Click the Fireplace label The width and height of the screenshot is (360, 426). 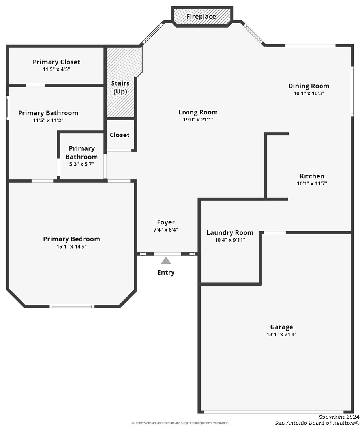[x=201, y=16]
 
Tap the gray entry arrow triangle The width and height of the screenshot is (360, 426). [x=166, y=261]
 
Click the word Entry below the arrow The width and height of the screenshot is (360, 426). [x=166, y=273]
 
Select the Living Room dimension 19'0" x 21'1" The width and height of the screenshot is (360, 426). [x=198, y=120]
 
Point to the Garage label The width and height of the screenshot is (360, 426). [x=281, y=327]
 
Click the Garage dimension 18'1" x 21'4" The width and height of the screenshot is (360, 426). [x=281, y=334]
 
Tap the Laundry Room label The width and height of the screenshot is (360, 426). [x=230, y=233]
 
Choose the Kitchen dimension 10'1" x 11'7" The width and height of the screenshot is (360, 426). [x=312, y=183]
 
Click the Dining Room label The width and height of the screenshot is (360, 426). [x=309, y=86]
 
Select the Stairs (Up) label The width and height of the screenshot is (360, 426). [x=120, y=87]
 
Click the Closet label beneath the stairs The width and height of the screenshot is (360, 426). [x=120, y=135]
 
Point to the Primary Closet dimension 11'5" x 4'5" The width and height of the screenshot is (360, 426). [x=56, y=69]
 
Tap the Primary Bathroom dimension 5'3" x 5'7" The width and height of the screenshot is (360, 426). [x=82, y=164]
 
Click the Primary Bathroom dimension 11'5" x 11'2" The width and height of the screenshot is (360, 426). [x=48, y=120]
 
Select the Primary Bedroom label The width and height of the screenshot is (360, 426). [x=71, y=239]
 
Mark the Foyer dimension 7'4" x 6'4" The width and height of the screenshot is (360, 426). [x=165, y=230]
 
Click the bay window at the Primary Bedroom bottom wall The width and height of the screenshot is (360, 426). [x=72, y=306]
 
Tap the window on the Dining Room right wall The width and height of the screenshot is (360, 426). [x=352, y=92]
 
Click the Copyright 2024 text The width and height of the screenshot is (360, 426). [x=339, y=417]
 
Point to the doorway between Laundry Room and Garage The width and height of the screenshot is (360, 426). [x=275, y=232]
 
